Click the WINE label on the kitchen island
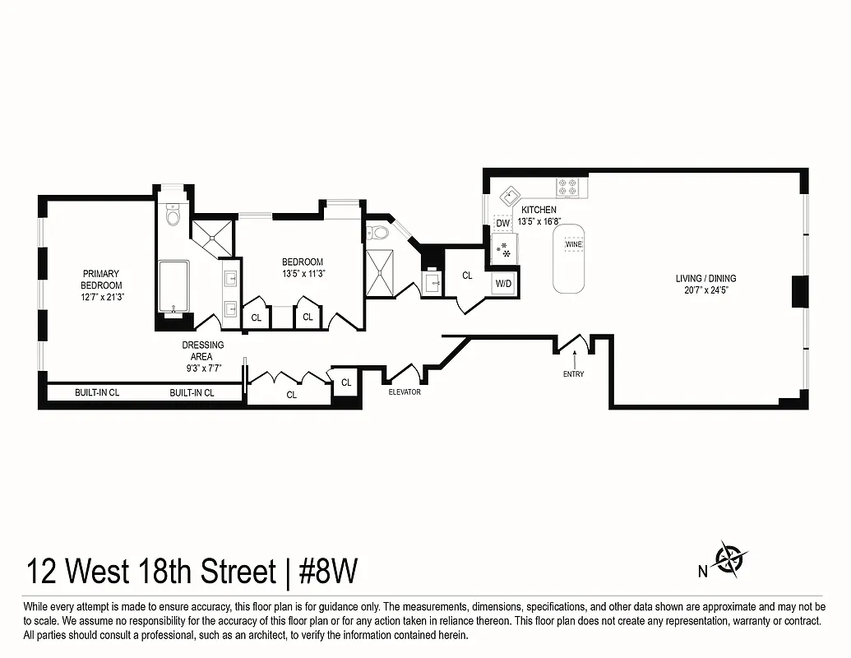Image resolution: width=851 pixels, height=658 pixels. [x=573, y=244]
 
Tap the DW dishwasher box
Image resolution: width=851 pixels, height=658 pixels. [x=503, y=223]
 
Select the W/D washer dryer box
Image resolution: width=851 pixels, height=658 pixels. [x=502, y=284]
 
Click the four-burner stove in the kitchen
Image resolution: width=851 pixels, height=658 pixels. [x=568, y=188]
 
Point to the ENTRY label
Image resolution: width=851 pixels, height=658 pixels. [x=574, y=374]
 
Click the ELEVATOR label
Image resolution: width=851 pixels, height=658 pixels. [x=405, y=392]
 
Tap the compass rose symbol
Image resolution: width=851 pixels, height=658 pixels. [x=728, y=560]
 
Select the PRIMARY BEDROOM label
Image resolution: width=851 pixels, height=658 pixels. [x=101, y=280]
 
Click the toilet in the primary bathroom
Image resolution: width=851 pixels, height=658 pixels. [x=173, y=215]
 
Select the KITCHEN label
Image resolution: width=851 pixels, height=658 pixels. [x=539, y=210]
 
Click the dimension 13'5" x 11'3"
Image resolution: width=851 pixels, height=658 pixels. [x=303, y=274]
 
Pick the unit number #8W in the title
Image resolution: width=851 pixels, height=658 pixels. [x=327, y=571]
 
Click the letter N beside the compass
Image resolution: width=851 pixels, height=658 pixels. [x=703, y=571]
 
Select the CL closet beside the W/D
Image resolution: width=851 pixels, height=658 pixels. [x=467, y=276]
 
